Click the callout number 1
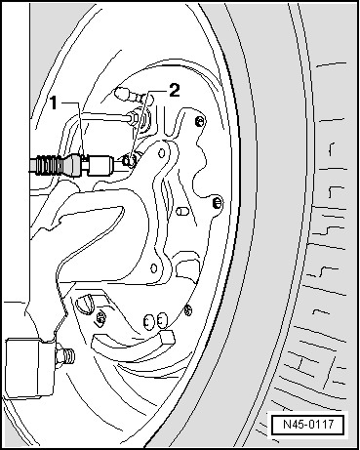pos(54,103)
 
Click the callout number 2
pos(174,90)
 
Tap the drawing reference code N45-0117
pos(308,425)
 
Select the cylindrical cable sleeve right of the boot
pos(100,165)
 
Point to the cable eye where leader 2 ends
pos(130,161)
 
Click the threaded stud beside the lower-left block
pos(65,356)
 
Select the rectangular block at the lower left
pos(28,368)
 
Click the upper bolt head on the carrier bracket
pos(200,121)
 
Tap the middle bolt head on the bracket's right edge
pos(217,203)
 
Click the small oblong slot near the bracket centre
pos(181,211)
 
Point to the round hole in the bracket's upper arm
pos(162,152)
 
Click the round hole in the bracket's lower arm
pos(154,268)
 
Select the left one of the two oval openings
pos(148,322)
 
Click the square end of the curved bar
pos(168,337)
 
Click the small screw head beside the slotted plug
pos(100,317)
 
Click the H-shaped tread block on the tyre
pos(310,367)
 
